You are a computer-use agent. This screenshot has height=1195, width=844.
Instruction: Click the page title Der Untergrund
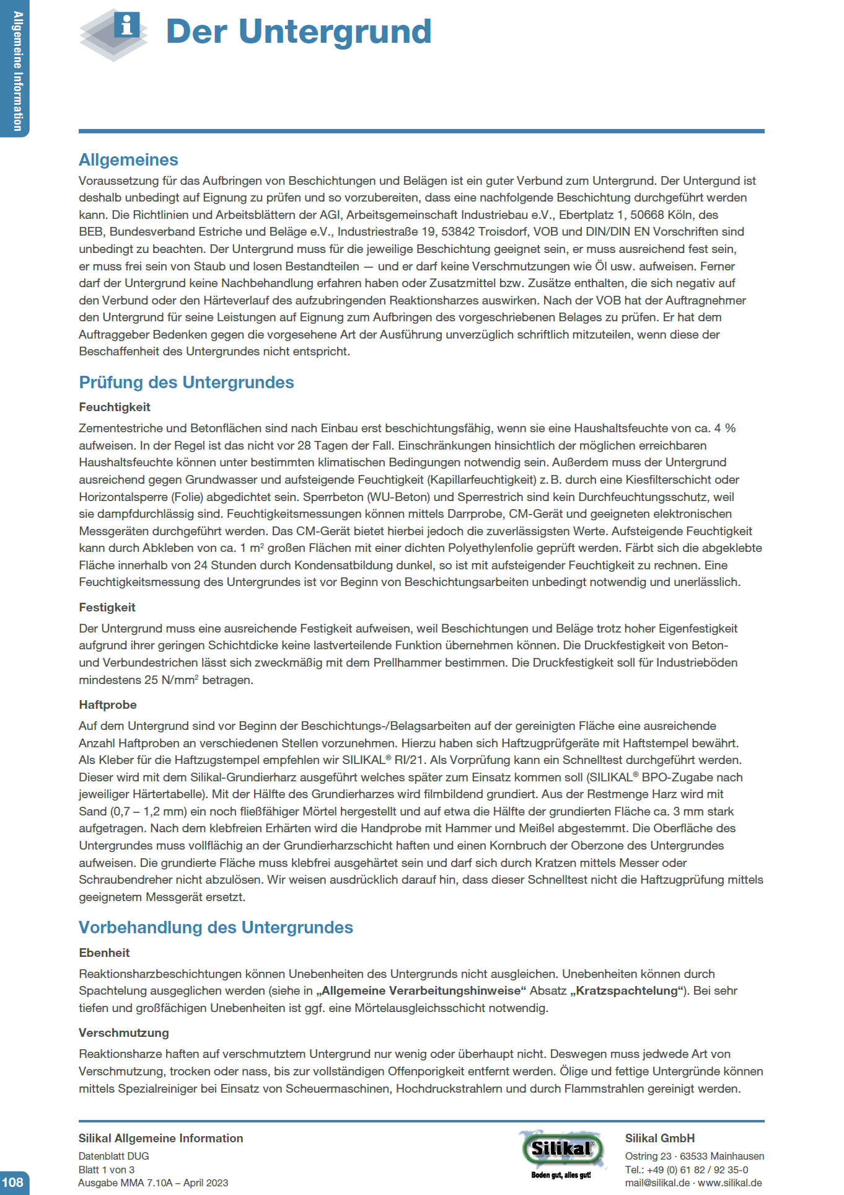click(298, 32)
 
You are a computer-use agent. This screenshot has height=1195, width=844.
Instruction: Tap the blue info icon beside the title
click(127, 25)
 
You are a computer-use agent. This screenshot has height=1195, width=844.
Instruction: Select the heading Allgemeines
click(128, 160)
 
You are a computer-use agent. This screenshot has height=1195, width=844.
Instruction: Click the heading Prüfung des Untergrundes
click(186, 383)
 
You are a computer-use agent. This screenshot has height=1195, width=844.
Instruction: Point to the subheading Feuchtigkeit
click(115, 407)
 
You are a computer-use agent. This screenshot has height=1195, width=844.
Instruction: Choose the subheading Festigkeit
click(107, 608)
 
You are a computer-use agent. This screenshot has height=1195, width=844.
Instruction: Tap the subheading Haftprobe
click(108, 705)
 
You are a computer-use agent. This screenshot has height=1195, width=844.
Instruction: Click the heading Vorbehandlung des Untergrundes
click(216, 928)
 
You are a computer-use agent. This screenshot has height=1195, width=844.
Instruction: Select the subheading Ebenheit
click(104, 953)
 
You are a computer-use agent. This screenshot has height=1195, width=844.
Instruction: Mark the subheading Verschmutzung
click(124, 1033)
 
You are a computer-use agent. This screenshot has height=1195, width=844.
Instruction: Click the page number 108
click(12, 1182)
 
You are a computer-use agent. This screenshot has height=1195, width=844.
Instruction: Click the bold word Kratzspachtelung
click(627, 991)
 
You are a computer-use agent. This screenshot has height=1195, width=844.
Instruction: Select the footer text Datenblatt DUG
click(113, 1157)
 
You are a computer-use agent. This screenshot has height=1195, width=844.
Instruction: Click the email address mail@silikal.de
click(657, 1183)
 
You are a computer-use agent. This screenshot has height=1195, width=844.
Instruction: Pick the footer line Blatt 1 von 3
click(106, 1170)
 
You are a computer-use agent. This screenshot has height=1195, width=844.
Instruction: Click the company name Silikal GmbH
click(660, 1139)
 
